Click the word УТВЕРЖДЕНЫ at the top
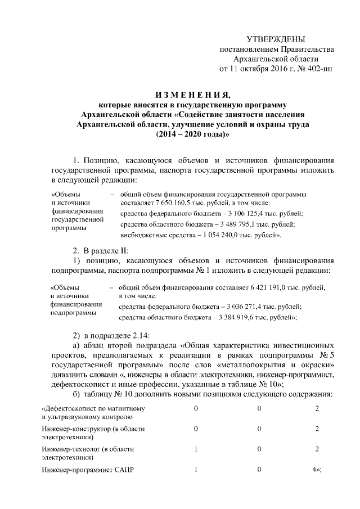276,39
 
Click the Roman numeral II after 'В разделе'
123,249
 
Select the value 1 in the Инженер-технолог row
195,449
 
